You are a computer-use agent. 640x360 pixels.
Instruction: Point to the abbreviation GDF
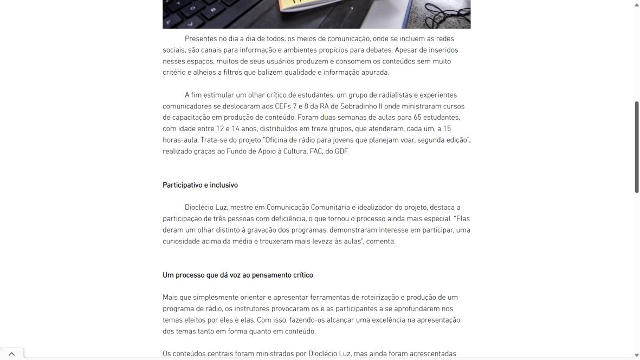[341, 151]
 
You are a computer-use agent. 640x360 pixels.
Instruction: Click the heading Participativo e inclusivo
[200, 185]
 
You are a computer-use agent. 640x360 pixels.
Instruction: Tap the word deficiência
[283, 218]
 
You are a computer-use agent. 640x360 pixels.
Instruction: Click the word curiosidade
[182, 241]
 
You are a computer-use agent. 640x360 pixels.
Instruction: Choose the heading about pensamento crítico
[237, 275]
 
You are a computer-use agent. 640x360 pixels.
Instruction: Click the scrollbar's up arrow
[637, 4]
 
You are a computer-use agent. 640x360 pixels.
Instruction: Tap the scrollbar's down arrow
[637, 355]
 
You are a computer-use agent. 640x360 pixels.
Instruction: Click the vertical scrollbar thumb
[637, 146]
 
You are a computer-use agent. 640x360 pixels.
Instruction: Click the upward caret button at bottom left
[11, 353]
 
